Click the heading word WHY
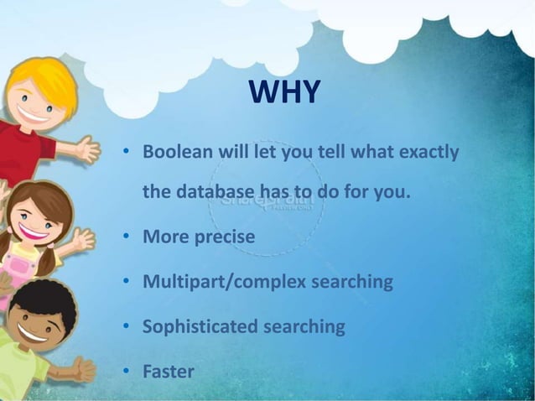tap(284, 93)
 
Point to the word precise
tap(222, 237)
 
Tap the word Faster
tap(168, 371)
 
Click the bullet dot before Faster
tap(125, 371)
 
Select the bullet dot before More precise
tap(125, 237)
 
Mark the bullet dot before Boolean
tap(125, 154)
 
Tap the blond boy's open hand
tap(88, 148)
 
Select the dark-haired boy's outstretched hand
tap(84, 368)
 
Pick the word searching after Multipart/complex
tap(352, 282)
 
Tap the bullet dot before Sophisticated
tap(125, 326)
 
